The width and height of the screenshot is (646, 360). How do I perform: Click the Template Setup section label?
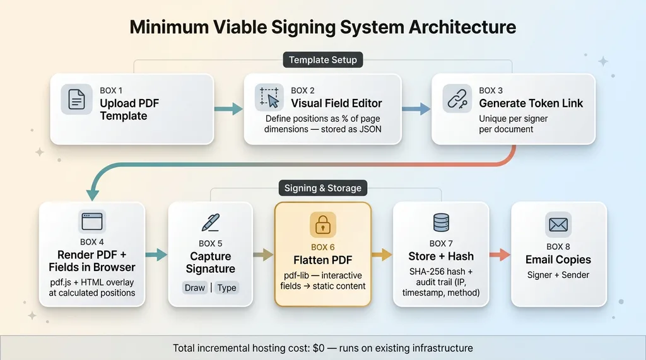click(x=322, y=60)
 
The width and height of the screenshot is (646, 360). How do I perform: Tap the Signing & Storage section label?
click(x=322, y=188)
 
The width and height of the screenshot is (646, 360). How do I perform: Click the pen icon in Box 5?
click(x=210, y=222)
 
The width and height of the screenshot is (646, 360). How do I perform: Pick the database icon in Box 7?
click(x=441, y=222)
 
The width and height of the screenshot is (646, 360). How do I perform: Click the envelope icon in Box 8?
click(x=558, y=224)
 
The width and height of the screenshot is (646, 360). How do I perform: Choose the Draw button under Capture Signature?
click(x=195, y=287)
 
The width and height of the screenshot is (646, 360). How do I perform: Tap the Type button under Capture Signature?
click(x=226, y=287)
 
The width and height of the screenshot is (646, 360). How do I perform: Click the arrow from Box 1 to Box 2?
click(x=228, y=109)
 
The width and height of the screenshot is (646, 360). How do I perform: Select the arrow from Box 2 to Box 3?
click(x=416, y=109)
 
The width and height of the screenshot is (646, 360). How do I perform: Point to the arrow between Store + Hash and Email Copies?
click(x=500, y=255)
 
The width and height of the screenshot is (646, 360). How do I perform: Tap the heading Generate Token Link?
click(x=531, y=103)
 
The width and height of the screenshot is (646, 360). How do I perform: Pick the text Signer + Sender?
click(x=558, y=275)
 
